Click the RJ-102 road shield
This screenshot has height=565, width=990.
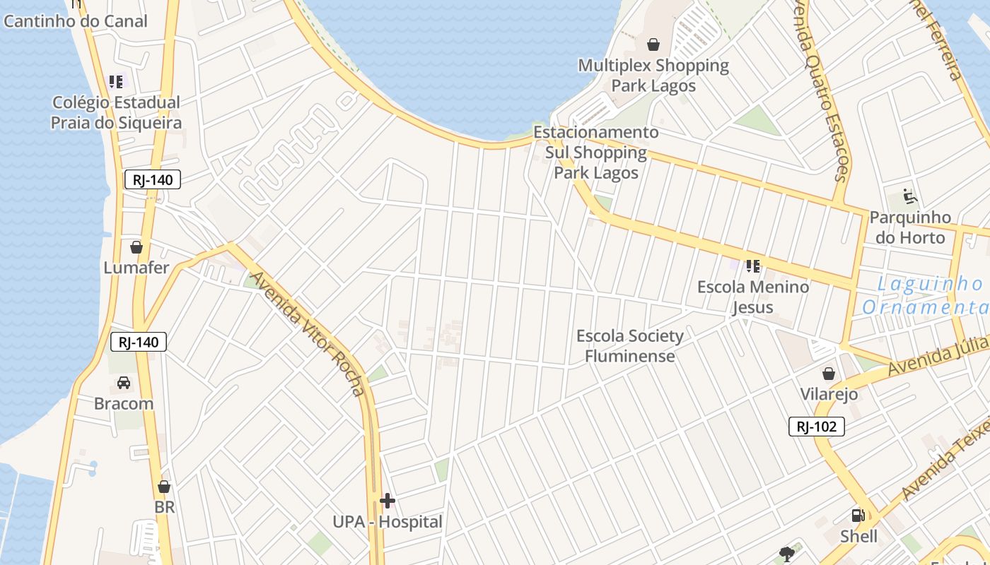coord(817,427)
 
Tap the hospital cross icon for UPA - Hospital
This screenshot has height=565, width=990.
coord(387,501)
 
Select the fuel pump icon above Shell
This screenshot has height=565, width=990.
coord(858,516)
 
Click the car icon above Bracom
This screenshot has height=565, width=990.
coord(124,383)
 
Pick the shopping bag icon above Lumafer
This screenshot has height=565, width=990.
coord(136,247)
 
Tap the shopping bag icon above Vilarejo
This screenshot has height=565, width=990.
coord(828,373)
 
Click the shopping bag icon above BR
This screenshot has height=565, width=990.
coord(164,487)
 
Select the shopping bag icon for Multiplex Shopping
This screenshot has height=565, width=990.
coord(653,44)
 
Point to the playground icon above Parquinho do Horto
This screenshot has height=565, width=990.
coord(909,196)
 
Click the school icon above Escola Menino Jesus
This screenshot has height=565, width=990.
coord(752,266)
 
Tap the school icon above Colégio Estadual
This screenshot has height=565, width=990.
coord(116,82)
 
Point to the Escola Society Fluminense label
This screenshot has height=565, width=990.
coord(629,345)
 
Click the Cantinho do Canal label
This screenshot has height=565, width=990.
coord(76,21)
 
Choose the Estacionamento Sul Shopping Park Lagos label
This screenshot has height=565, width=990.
coord(595,153)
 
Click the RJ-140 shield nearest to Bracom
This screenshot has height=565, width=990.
coord(139,343)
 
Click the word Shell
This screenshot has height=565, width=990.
coord(858,537)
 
